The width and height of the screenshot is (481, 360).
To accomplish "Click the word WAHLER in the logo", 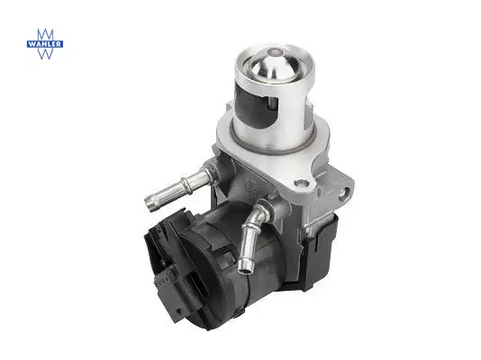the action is (45, 44).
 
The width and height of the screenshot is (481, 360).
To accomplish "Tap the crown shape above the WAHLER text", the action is (45, 35).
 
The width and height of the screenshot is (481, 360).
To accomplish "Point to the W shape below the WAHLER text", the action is (45, 53).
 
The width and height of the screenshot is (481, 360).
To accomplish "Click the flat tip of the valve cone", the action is (273, 52).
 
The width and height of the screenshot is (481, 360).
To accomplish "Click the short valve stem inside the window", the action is (271, 102).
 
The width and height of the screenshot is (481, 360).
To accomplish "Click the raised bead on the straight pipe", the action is (186, 184).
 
